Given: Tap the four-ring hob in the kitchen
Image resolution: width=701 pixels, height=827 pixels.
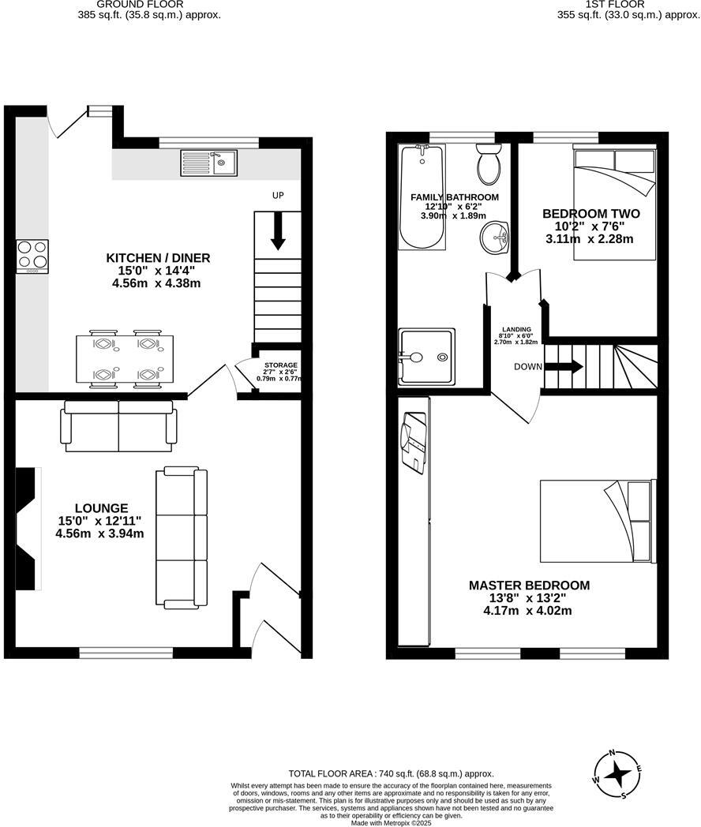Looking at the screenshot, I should (32, 256).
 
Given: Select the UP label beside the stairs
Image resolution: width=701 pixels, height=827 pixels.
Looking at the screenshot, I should (277, 195).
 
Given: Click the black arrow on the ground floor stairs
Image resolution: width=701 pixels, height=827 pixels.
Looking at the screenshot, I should (277, 231).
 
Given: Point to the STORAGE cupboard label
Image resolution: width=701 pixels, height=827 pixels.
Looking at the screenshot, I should (281, 365).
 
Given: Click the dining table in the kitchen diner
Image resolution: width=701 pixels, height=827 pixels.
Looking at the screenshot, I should (125, 360).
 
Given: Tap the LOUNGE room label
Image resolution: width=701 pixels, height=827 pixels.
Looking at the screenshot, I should (102, 507).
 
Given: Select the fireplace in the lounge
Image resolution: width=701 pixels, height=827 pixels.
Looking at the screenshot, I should (28, 528).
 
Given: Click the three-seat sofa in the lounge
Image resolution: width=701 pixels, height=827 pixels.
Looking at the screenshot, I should (182, 537).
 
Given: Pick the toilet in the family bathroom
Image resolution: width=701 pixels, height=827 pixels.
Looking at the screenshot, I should (488, 164).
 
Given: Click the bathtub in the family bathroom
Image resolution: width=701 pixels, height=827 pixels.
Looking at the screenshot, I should (417, 197).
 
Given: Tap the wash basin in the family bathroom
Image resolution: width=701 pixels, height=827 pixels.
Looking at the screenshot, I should (496, 236).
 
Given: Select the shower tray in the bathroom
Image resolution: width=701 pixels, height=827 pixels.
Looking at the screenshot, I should (427, 356).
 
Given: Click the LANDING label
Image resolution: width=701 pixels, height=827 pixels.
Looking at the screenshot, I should (517, 329).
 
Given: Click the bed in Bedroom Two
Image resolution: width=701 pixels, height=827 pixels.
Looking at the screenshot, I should (614, 204).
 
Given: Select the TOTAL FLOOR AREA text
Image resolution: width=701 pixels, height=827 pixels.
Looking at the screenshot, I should (391, 774).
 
